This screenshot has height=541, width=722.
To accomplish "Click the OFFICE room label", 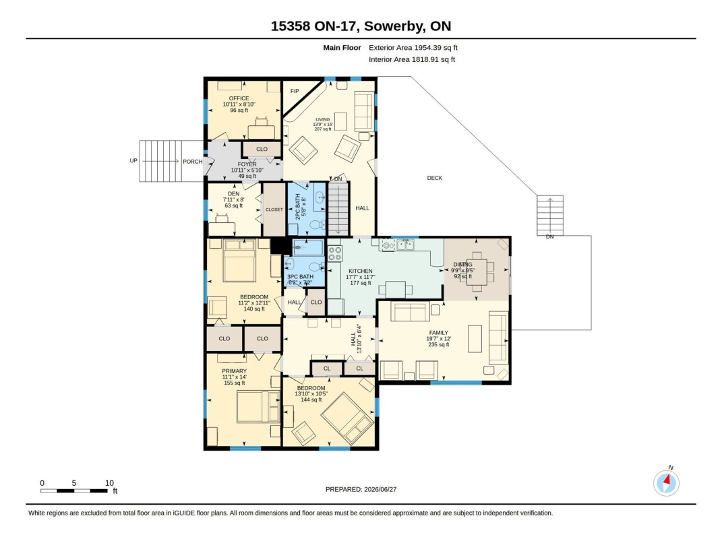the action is coord(239,98).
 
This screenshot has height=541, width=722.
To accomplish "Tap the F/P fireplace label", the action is coord(295,91).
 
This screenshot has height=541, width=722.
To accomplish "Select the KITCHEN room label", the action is coord(361,271).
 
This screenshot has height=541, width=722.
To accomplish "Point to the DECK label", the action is coord(435,178).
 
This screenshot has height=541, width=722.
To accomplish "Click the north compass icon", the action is coord(666,483).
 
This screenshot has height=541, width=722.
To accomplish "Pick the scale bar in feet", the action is coord(74,491).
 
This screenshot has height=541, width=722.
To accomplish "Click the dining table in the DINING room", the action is coord(477,272).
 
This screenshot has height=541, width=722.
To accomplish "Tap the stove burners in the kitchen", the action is coord(335,253).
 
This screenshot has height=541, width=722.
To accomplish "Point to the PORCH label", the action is coord(193,162).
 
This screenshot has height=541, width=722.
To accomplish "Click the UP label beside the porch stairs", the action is coord(133,161).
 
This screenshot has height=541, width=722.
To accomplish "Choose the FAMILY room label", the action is coord(438,333).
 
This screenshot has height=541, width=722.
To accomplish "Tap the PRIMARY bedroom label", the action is coord(235,371).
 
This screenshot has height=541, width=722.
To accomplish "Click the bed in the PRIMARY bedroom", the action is coord(258,407).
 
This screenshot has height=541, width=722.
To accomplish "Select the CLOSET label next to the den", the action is coord(274,210).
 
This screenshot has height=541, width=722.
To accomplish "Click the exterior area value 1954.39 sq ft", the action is coord(435,47).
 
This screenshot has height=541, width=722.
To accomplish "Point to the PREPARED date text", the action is coord(361,490).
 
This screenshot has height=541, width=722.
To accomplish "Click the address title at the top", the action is coord(361,26).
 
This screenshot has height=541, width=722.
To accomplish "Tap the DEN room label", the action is coord(234,194).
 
